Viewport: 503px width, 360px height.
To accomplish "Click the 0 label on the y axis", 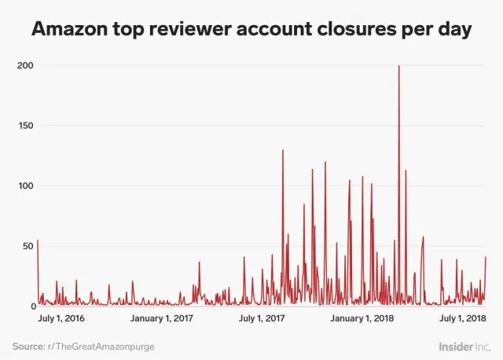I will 29,307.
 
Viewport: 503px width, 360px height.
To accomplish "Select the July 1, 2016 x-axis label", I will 62,318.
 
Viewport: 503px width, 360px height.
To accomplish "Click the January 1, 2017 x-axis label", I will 161,318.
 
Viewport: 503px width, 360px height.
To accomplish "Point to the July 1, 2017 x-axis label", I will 262,318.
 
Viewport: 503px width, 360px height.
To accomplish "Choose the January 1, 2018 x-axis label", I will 362,318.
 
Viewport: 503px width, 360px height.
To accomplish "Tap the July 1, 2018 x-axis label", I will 461,318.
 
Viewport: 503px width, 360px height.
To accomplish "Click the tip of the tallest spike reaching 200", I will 399,66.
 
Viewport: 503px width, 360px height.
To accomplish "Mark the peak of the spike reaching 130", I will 283,150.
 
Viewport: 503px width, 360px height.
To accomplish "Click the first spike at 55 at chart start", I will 38,241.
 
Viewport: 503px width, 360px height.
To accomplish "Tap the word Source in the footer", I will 28,345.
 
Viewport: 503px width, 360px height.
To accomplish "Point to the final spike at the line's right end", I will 486,257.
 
